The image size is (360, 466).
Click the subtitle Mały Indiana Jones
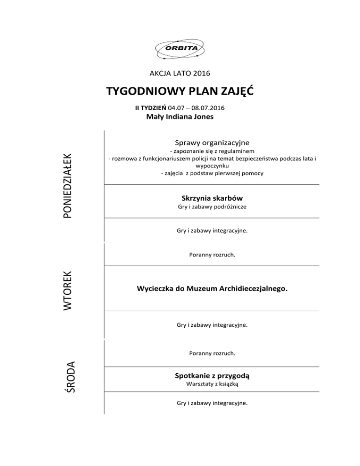click(x=180, y=117)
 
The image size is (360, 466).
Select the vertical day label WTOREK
click(x=68, y=290)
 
